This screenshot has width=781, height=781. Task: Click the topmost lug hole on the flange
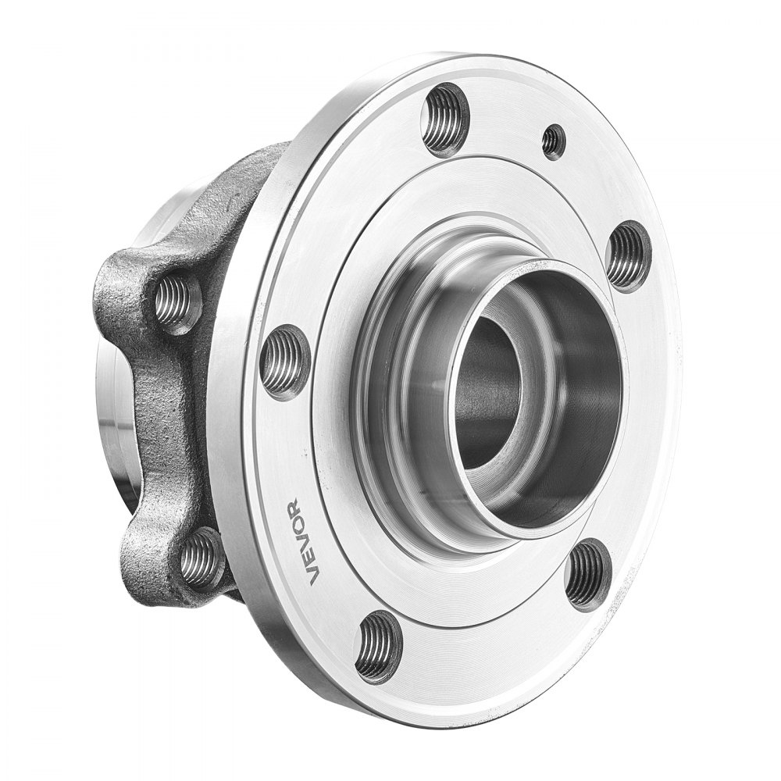tap(445, 119)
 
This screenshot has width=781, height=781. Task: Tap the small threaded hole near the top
tap(554, 141)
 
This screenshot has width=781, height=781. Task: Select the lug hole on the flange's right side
tap(628, 256)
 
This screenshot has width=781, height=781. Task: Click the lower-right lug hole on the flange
tap(587, 574)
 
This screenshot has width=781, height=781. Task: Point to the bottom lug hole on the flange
tap(379, 646)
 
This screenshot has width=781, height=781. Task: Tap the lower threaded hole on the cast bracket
tap(202, 558)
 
